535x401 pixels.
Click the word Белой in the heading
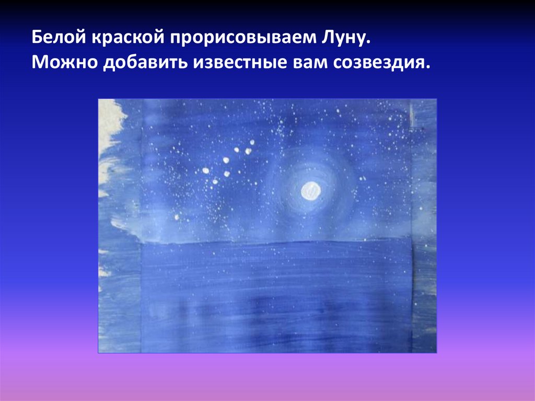pos(59,38)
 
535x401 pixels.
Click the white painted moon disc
pos(310,191)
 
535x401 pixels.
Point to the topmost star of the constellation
pos(252,142)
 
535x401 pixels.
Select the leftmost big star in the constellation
pos(205,170)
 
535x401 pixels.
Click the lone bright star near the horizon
pos(178,216)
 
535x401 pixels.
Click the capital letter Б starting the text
pos(37,38)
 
